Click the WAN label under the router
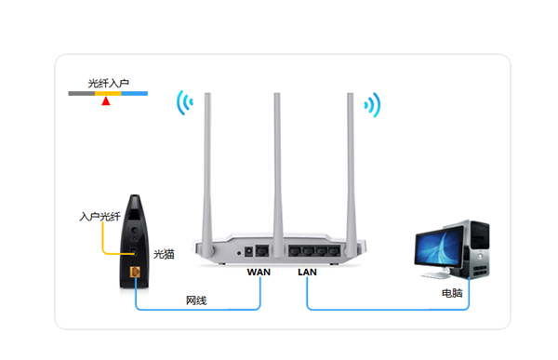[259, 272]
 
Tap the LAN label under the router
[307, 272]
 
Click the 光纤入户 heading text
[108, 84]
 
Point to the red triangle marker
[106, 101]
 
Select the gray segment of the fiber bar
[82, 94]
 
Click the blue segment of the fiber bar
[135, 94]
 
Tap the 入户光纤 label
[100, 217]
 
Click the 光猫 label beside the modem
[164, 254]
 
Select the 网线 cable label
[196, 300]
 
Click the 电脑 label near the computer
[452, 293]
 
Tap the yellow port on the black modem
[135, 272]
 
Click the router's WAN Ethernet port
[262, 250]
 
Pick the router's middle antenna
[277, 175]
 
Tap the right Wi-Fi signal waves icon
[372, 105]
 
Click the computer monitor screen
[439, 247]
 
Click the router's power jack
[248, 252]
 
